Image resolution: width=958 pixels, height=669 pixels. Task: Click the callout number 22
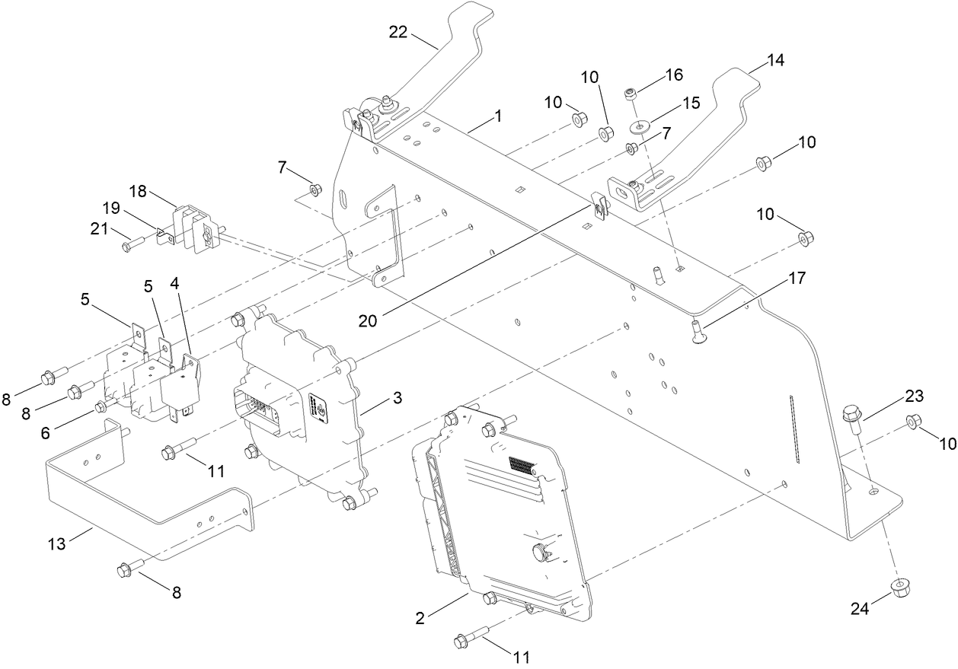click(399, 33)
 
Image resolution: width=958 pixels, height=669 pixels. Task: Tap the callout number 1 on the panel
click(498, 116)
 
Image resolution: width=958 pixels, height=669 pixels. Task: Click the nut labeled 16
click(631, 94)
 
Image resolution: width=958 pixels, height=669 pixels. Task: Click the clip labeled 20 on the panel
click(598, 206)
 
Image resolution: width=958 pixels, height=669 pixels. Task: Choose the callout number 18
click(138, 190)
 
